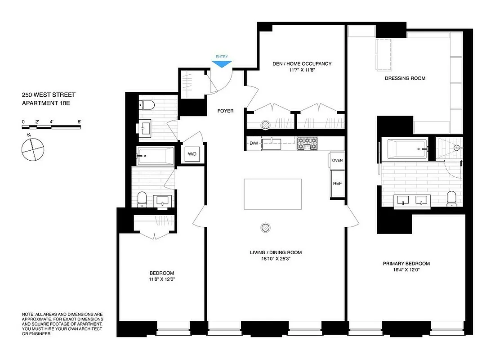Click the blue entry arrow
coord(222,64)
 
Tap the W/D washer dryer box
coord(192,154)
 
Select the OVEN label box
coord(337,160)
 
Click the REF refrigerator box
coord(337,184)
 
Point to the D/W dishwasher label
coord(254,144)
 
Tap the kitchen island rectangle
coord(273,194)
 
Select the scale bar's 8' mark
coord(79,122)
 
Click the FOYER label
coord(225,111)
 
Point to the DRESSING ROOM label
coord(405,78)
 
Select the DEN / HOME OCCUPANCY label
coord(302,64)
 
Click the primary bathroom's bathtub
coord(406,148)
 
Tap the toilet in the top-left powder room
coord(147,105)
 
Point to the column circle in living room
coord(266,228)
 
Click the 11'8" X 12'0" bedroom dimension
coord(161,279)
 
